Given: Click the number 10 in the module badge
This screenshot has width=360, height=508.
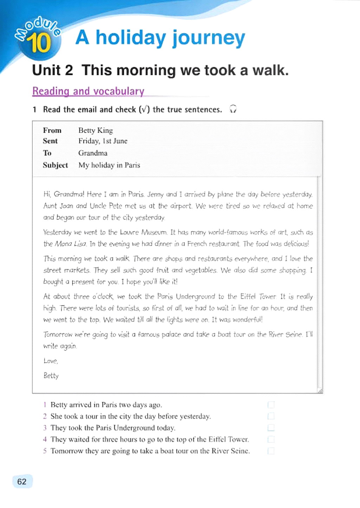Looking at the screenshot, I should pos(39,43).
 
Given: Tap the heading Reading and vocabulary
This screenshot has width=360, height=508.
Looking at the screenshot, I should pos(88,91).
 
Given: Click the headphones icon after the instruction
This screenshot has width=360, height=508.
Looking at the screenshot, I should pos(233,109).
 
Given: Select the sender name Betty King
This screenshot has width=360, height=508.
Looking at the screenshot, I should pos(96,130).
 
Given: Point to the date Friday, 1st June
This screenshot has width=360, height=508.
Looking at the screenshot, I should pos(103,141).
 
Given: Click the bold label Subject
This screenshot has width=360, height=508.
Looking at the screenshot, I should pos(55,165).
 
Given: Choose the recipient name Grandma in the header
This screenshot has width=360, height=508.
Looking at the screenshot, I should pos(93,153).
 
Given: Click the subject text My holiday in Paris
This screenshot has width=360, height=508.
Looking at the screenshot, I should pos(109,165).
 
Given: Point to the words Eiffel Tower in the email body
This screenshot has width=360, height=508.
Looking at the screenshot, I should pos(258,296).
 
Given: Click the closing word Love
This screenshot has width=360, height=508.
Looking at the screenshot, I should pos(51,361).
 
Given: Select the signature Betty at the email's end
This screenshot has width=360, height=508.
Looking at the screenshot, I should pos(51,375).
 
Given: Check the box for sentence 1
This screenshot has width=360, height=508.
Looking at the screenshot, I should pos(271,405).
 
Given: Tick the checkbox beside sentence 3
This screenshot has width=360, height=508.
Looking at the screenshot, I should pos(271,428).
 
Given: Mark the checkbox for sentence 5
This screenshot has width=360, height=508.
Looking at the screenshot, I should pos(271,451).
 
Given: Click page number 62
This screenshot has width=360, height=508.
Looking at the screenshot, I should pos(22,482).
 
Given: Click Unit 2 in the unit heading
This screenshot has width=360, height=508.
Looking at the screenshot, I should pos(53,70).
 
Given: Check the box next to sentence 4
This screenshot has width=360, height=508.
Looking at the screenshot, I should pos(271,439).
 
